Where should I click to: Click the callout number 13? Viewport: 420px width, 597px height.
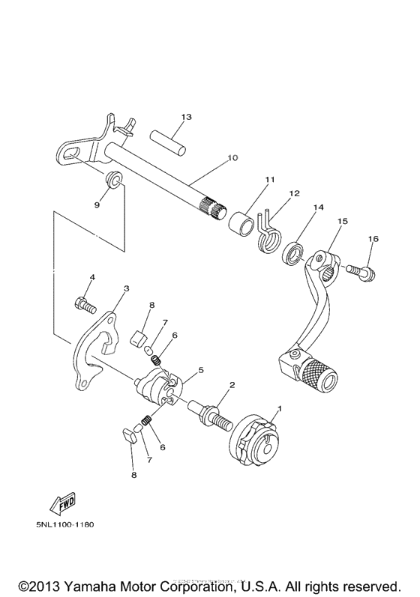pos(186,117)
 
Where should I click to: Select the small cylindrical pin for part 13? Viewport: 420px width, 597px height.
pos(167,139)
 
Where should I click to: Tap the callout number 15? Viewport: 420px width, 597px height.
pos(342,222)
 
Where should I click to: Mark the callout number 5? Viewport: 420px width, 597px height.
pos(200,370)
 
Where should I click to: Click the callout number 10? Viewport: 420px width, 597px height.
pos(232,158)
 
